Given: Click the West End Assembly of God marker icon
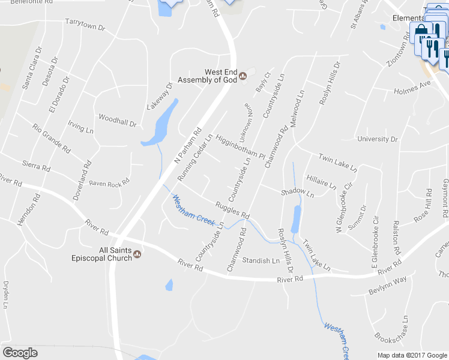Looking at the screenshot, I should [x=243, y=76].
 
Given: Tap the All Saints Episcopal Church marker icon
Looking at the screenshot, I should [x=137, y=254].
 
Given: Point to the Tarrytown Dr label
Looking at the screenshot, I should [x=85, y=25].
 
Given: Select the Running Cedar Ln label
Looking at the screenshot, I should [x=196, y=157].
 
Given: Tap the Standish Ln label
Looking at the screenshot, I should [x=261, y=261].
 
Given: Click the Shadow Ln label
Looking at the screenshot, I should [x=297, y=193].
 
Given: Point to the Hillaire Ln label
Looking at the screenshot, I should [x=321, y=182].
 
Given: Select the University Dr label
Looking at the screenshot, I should [x=378, y=139].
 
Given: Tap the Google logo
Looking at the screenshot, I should [x=20, y=353].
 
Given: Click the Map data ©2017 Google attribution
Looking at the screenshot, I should [x=412, y=355].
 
